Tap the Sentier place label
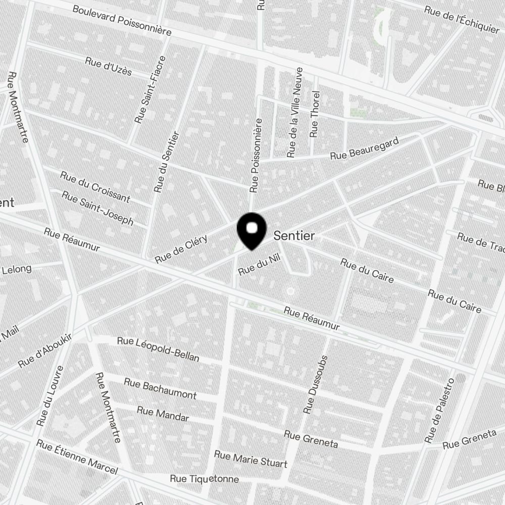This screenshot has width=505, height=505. tap(294, 236)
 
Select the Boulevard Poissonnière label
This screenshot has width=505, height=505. tap(122, 21)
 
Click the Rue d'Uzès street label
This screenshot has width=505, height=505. tap(108, 66)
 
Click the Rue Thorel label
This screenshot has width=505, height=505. tap(315, 114)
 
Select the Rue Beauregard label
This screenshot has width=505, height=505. tap(365, 148)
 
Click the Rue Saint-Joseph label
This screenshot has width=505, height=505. tap(98, 208)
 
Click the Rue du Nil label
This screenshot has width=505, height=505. tap(259, 265)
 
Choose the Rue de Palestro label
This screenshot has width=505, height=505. tap(440, 410)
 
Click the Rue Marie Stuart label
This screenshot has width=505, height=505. tap(250, 459)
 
